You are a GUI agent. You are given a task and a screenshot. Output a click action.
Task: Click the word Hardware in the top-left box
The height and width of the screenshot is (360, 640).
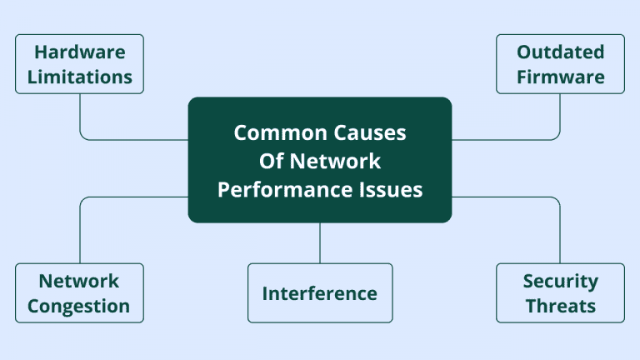click(x=80, y=52)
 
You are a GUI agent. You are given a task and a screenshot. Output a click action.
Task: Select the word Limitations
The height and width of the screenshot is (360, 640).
click(x=80, y=77)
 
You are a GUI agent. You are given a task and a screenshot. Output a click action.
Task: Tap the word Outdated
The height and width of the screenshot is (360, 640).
click(x=560, y=52)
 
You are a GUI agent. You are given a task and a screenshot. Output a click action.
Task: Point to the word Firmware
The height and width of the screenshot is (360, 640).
click(x=560, y=77)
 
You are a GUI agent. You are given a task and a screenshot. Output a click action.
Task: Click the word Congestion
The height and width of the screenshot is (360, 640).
click(x=79, y=306)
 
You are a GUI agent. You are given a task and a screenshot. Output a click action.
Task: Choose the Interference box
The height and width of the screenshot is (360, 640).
click(x=320, y=293)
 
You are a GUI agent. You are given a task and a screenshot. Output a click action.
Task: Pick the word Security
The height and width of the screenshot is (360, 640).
click(x=560, y=281)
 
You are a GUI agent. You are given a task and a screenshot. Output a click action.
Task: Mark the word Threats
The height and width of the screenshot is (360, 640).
click(x=560, y=306)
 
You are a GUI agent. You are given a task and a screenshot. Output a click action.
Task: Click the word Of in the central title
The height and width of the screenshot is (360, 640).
click(x=272, y=161)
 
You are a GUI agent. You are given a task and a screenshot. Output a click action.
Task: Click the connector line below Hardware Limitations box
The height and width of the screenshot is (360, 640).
click(x=80, y=112)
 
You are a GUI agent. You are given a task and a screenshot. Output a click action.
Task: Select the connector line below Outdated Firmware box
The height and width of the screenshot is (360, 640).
click(x=560, y=112)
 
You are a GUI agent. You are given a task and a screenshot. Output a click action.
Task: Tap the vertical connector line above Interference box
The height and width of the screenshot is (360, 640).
click(x=320, y=242)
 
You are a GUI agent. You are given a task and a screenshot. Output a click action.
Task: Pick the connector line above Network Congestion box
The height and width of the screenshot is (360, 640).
click(x=80, y=233)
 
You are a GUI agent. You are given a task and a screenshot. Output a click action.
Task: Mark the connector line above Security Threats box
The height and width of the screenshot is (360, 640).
click(x=560, y=233)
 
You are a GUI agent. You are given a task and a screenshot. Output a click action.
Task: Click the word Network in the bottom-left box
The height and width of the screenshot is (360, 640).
click(x=79, y=281)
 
